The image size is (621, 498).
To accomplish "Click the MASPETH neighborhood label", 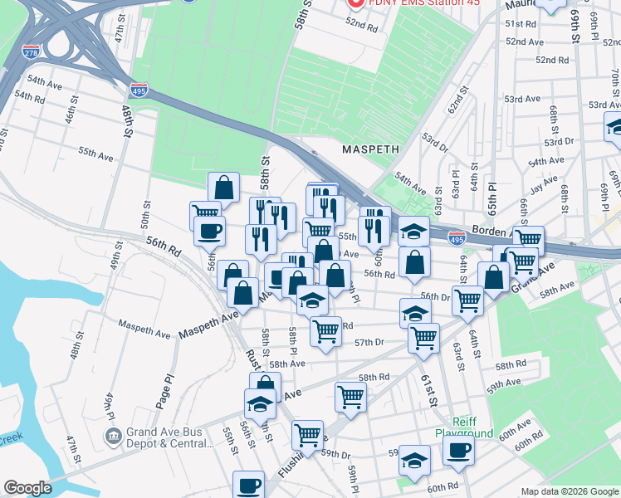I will click(371, 149).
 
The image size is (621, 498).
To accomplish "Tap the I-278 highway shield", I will click(32, 52).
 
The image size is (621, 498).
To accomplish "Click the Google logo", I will click(28, 488).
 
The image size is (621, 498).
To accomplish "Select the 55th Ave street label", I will click(95, 154).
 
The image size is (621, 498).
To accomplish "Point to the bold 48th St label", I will click(128, 120).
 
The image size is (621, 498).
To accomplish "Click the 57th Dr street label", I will click(369, 342).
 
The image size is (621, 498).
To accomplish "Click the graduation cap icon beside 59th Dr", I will click(414, 459).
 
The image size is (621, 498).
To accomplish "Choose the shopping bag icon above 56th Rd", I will click(413, 262).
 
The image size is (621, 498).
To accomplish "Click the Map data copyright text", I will click(569, 491).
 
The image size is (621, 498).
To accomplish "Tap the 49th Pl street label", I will click(109, 404).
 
